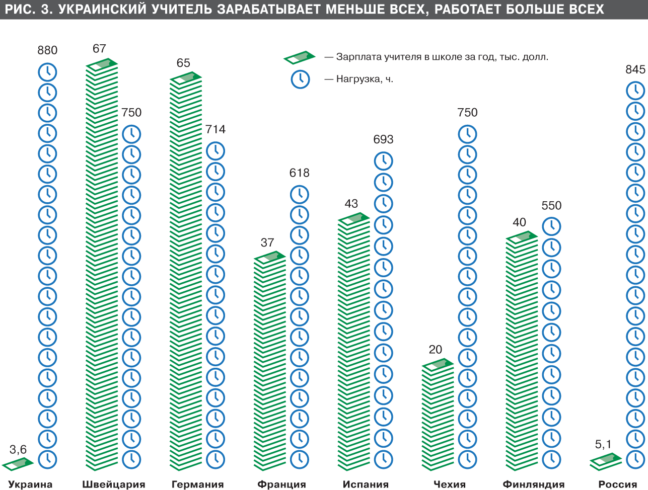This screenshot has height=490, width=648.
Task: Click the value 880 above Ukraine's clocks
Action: tap(47, 50)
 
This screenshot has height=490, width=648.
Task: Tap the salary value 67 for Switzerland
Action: tap(99, 48)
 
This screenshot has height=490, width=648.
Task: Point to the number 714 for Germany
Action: tap(215, 129)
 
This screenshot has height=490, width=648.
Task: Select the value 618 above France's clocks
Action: tap(299, 173)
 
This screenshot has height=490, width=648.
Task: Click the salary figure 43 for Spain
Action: tap(351, 204)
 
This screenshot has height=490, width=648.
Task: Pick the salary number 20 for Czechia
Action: tap(435, 350)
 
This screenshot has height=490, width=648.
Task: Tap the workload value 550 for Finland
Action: tap(551, 206)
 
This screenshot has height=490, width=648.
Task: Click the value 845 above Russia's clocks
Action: tap(635, 69)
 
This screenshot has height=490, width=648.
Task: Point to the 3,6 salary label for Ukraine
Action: tap(18, 449)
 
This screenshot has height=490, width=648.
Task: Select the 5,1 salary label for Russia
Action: tap(603, 444)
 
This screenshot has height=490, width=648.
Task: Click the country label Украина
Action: tap(30, 484)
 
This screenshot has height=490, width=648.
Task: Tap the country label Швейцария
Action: tap(114, 484)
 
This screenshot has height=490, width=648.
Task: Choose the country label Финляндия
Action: tap(534, 484)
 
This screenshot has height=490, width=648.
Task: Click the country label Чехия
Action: tap(450, 484)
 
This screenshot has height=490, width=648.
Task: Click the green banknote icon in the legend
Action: tap(300, 57)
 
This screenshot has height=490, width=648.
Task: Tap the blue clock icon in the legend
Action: tap(300, 79)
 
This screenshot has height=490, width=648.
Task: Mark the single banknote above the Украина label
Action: tap(18, 463)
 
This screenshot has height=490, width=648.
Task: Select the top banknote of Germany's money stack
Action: tap(186, 77)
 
